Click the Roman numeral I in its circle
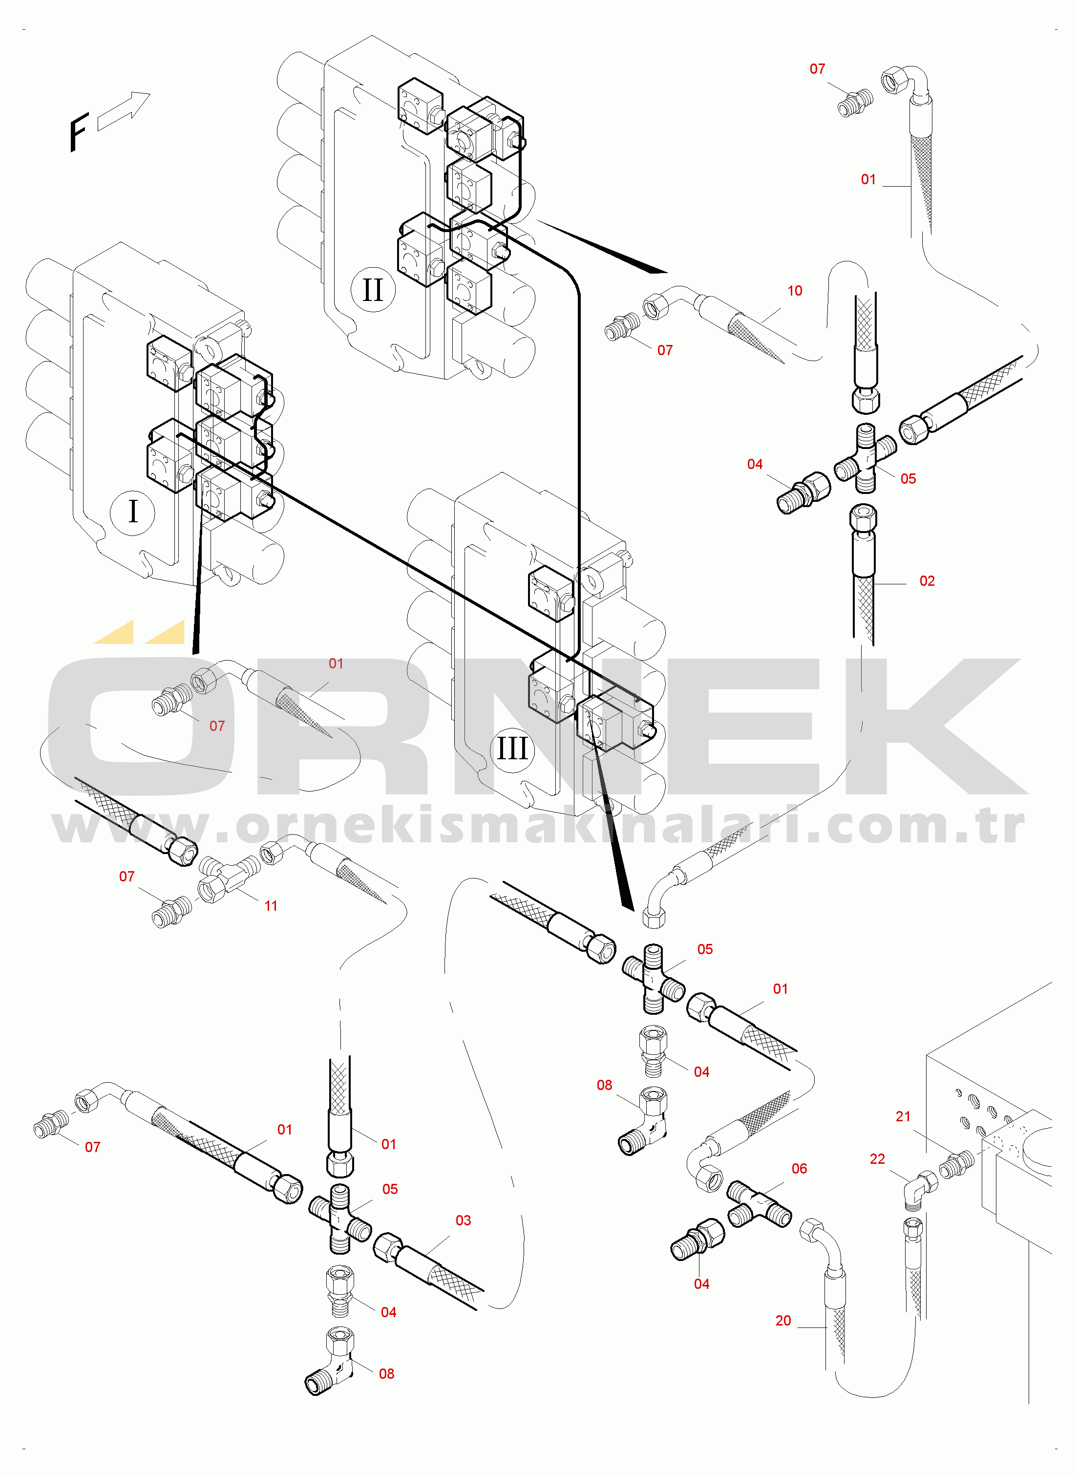tap(133, 512)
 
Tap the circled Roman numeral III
tap(512, 749)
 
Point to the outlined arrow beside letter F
tap(124, 111)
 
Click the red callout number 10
tap(795, 291)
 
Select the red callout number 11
tap(271, 905)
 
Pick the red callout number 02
tap(927, 581)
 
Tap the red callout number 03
tap(463, 1220)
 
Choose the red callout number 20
tap(783, 1321)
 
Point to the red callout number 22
tap(878, 1159)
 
